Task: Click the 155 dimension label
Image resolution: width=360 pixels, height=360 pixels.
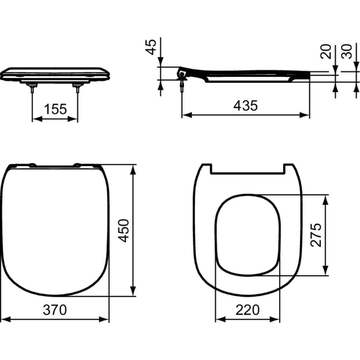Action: click(55, 109)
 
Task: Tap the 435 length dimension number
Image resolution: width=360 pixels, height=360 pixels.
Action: click(245, 106)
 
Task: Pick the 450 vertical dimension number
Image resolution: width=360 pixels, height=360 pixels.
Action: click(124, 230)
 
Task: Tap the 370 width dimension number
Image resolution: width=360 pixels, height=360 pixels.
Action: click(55, 310)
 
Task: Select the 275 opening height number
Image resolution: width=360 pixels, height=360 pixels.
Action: click(316, 235)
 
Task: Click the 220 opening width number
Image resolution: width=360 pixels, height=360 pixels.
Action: click(247, 310)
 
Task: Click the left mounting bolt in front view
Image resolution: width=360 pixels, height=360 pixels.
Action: click(32, 88)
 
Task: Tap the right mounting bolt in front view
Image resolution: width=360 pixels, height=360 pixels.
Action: click(77, 88)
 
